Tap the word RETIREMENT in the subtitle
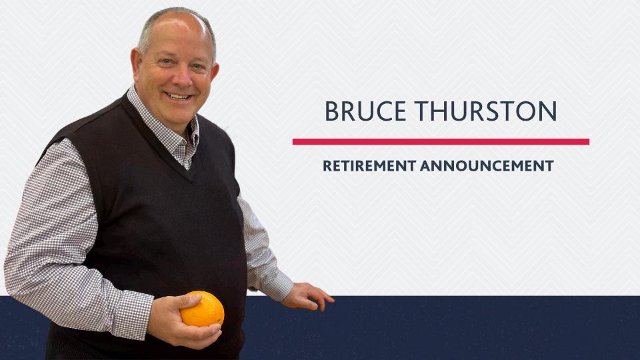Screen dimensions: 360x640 coord(369,165)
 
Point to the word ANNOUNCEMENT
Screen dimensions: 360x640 coord(487,165)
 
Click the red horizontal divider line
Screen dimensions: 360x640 coord(441,141)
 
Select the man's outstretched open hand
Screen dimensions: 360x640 coord(308,295)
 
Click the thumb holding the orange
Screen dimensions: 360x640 coord(175,303)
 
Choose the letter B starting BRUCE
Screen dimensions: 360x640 coord(331,111)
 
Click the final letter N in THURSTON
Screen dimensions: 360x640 coord(548,111)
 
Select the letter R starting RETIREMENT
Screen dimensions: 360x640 coord(327,165)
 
